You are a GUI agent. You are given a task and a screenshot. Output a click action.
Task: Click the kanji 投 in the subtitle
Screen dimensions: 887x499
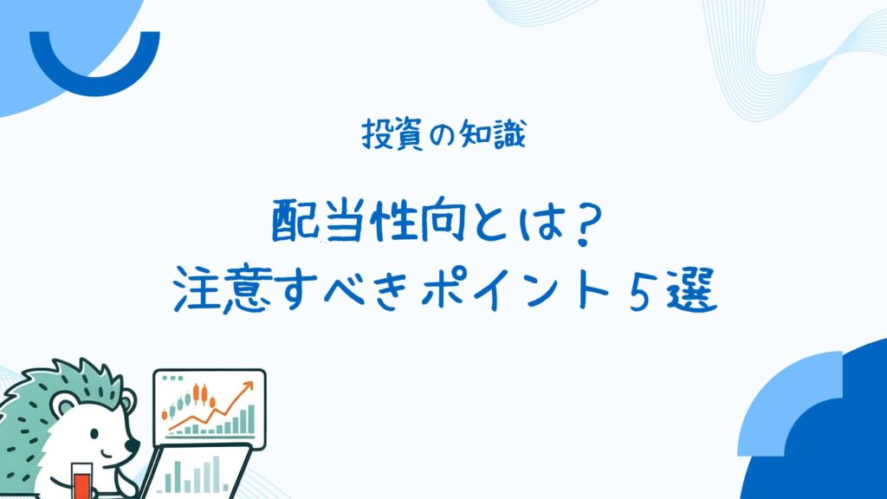[377, 134]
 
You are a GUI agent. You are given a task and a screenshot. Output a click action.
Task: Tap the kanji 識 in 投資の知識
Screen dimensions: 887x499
[509, 134]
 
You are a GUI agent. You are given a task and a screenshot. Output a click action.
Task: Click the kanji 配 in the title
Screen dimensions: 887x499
[295, 221]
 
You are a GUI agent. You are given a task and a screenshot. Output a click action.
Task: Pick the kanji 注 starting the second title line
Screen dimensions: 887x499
[197, 290]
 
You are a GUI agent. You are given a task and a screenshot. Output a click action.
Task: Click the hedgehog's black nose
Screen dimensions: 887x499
[133, 445]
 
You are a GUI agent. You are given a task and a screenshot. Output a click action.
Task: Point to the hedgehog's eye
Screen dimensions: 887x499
[94, 435]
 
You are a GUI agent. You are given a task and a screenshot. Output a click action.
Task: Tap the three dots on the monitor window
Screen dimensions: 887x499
[172, 378]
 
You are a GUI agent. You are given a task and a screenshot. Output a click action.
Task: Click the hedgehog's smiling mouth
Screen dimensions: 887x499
[107, 455]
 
